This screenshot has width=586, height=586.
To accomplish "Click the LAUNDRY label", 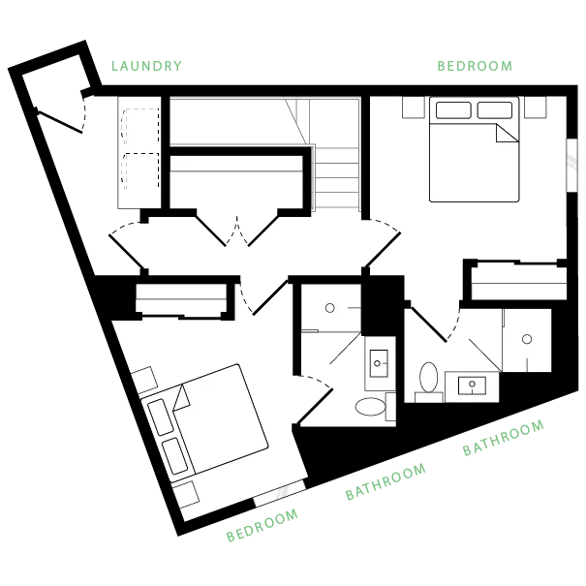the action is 146,66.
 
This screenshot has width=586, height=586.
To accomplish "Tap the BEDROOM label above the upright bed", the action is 475,66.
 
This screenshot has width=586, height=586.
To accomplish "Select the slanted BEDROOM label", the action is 262,525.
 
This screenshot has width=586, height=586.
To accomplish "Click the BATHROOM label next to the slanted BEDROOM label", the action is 386,481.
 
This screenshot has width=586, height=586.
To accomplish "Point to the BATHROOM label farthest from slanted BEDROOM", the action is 503,438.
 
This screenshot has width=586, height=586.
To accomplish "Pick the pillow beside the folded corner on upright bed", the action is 495,110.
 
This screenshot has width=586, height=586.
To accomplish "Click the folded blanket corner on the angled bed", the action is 182,398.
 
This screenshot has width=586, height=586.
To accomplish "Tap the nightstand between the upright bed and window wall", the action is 536,107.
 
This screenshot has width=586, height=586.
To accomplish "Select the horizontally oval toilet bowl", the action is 370,407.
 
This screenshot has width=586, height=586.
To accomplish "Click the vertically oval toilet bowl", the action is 429,377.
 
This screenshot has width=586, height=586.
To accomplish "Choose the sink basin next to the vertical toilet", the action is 472,386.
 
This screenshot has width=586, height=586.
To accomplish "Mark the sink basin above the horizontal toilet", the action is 379,363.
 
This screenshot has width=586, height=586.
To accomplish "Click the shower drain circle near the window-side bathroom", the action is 527,339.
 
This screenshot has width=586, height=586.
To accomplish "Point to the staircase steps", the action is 337,177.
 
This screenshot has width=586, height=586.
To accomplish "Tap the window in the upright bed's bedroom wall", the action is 571,166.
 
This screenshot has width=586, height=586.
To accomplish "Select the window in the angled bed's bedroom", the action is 280,493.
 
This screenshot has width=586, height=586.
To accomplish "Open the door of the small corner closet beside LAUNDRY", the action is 61,120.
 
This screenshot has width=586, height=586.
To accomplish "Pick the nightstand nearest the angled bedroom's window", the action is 186,494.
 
